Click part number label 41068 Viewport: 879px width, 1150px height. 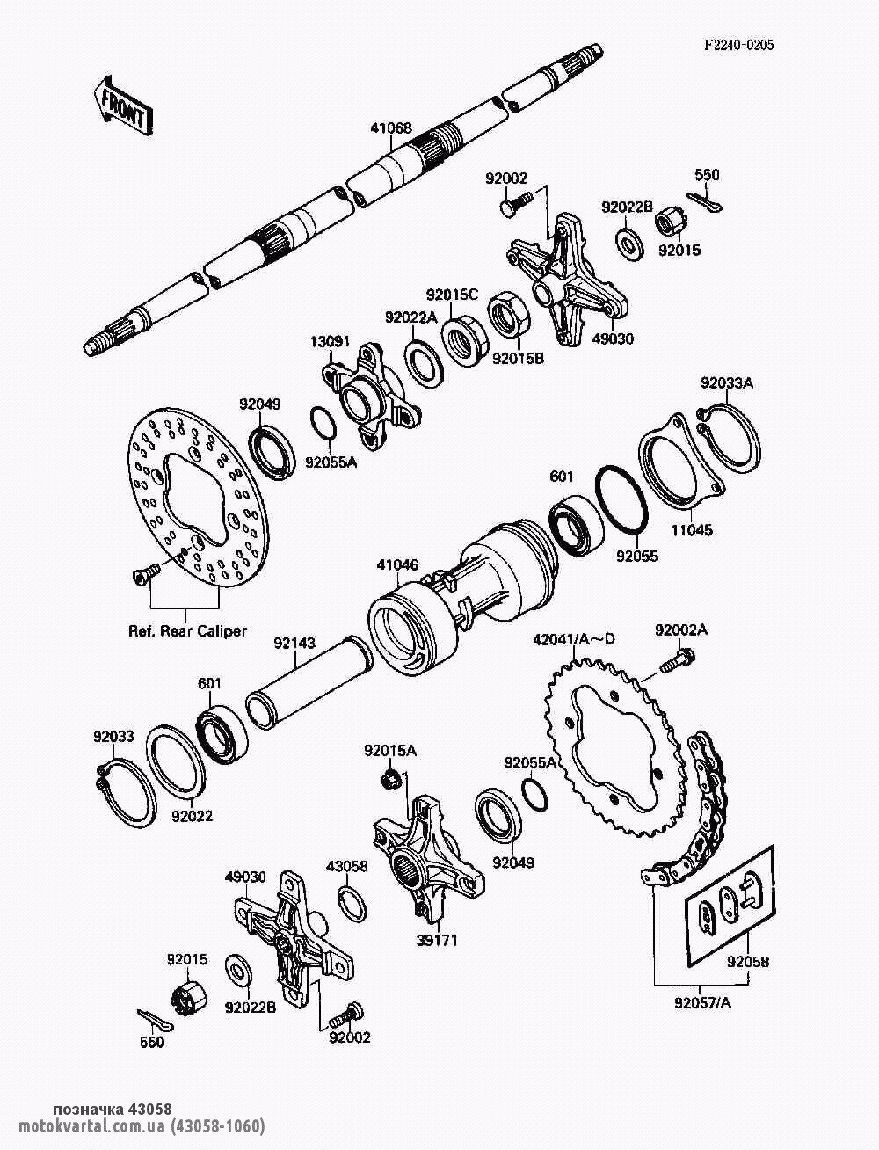tap(390, 128)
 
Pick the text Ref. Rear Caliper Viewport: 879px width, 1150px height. tap(188, 630)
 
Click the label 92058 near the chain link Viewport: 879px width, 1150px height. tap(747, 962)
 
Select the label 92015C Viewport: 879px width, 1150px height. tap(452, 294)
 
